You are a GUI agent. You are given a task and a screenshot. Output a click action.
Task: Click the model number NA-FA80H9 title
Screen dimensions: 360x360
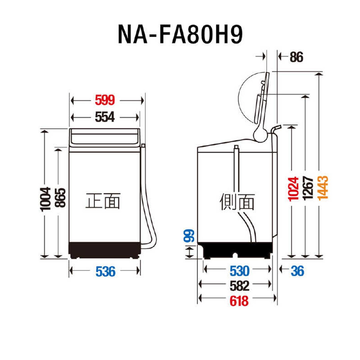click(x=180, y=34)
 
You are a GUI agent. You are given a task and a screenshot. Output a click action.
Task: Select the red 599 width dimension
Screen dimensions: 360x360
click(x=105, y=100)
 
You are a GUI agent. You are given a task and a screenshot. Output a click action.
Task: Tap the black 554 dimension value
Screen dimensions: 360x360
click(x=105, y=117)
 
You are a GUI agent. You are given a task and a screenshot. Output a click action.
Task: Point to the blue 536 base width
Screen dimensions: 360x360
click(x=105, y=272)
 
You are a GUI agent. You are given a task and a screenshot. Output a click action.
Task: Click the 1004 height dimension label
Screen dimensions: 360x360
click(x=45, y=199)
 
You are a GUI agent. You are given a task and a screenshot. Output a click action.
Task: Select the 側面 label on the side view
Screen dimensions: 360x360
click(x=237, y=202)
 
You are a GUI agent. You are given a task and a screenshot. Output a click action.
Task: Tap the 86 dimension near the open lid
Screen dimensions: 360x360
click(x=296, y=57)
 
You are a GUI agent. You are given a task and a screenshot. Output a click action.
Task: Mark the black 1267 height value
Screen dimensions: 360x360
click(x=308, y=188)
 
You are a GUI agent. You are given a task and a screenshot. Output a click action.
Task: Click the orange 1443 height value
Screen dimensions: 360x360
click(x=322, y=188)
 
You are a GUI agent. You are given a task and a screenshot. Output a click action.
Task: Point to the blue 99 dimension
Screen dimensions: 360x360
click(x=189, y=236)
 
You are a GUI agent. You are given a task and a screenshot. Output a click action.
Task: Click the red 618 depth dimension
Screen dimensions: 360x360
click(x=239, y=301)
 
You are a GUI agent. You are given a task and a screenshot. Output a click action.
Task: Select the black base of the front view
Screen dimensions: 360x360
click(x=105, y=249)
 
